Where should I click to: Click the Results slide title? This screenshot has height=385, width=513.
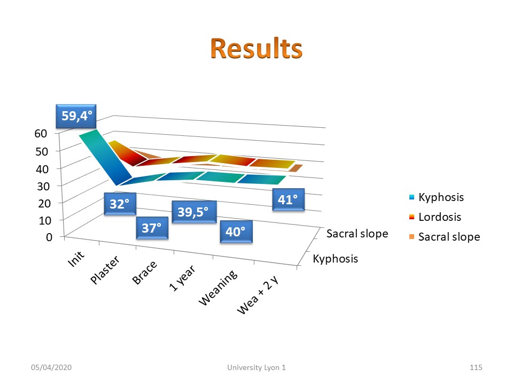coord(256,49)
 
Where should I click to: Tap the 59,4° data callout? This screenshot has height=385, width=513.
coord(76,116)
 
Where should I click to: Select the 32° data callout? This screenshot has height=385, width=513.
coord(120,204)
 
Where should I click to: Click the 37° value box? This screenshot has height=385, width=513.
coord(152,228)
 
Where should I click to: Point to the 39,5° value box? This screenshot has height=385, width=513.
coord(194,212)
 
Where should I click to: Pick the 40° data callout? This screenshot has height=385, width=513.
coord(236,232)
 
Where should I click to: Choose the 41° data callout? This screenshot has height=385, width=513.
coord(289,199)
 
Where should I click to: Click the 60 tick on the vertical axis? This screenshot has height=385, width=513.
coord(41,134)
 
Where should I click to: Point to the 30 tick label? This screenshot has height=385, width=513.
coord(43,186)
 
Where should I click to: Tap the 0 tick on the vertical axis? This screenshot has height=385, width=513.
coord(49,237)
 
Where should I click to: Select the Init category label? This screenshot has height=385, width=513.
coord(76,259)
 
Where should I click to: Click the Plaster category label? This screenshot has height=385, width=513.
coord(105,269)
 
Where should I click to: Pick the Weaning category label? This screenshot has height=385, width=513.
coord(218,288)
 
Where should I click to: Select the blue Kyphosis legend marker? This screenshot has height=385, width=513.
coord(412,197)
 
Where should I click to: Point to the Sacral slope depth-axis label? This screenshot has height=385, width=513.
coord(357,234)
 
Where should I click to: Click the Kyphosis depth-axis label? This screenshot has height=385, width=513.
coord(336,259)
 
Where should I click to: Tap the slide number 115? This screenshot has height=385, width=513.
coord(476,367)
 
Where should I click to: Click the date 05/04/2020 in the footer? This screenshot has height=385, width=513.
coord(51,367)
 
